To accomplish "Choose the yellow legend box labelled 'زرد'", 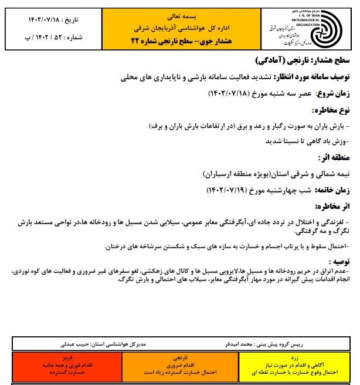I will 296,364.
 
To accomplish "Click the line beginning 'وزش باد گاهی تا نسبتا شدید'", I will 304,141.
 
